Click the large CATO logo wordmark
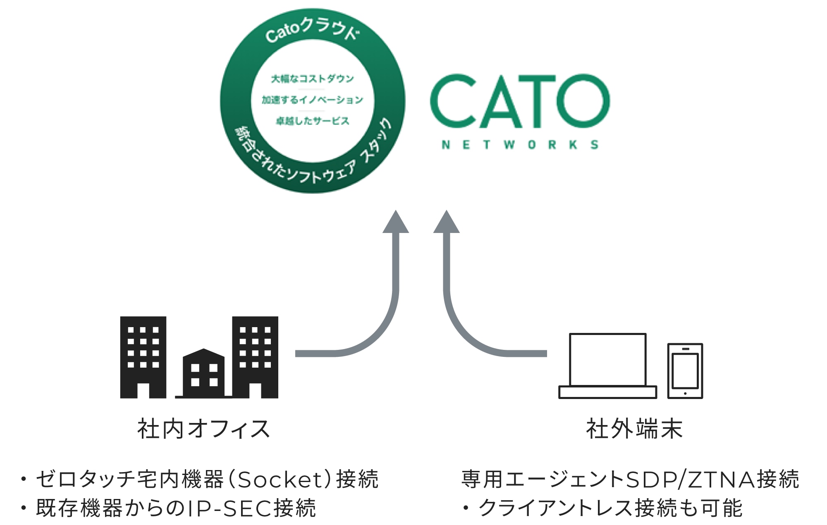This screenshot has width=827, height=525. point(520,101)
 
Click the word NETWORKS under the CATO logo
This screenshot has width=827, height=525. point(520,145)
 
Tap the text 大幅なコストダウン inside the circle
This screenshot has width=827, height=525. point(313,78)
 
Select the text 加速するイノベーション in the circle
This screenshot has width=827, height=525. point(313,100)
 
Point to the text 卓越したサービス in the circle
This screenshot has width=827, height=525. point(313,121)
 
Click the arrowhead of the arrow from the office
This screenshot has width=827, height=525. point(396,223)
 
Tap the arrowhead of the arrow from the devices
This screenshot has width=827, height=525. point(446,223)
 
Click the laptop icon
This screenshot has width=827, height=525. point(607,366)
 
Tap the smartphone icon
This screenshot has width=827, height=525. point(685,371)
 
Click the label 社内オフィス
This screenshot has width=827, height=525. point(204,429)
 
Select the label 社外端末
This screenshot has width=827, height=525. point(634,429)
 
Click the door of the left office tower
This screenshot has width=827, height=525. point(143,390)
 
